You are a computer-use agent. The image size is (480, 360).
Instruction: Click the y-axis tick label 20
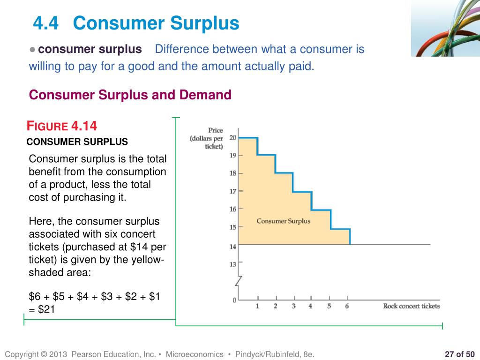point(233,137)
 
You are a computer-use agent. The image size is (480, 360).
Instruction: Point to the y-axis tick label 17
point(233,191)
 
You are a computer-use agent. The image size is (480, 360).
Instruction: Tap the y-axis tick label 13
point(233,265)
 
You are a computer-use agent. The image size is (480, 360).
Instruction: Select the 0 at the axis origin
point(234,300)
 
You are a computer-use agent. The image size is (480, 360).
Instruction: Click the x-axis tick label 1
point(257,307)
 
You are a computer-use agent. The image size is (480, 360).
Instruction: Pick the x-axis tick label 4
point(310,307)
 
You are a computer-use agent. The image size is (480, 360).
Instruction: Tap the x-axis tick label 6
point(347,307)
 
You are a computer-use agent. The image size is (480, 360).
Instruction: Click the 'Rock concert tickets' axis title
point(411,306)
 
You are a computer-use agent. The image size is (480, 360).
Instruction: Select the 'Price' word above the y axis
point(216,130)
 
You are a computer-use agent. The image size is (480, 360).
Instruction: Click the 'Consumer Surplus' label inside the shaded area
point(283,221)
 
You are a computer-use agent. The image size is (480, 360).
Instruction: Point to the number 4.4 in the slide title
point(46,23)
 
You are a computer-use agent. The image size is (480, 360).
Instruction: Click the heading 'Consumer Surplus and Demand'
point(130,95)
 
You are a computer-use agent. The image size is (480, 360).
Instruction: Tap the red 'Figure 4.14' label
point(62,126)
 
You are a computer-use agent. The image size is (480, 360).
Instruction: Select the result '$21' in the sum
point(46,309)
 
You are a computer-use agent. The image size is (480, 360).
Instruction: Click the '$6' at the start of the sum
point(35,296)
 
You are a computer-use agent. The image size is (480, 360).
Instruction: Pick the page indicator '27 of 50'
point(459,354)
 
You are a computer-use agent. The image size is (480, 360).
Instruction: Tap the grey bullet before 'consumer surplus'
point(32,50)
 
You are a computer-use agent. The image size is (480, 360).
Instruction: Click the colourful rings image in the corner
point(445,28)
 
